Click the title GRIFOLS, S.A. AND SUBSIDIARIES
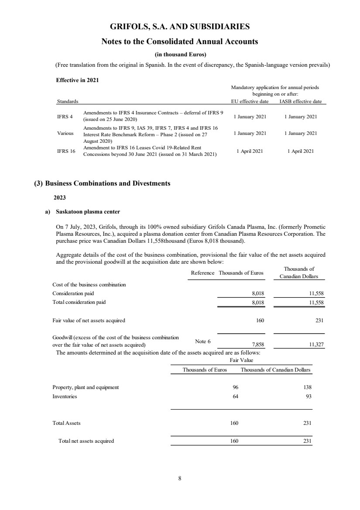[x=180, y=27]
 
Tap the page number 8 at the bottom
[x=180, y=478]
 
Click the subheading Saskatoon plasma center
[x=88, y=212]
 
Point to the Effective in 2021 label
[x=74, y=80]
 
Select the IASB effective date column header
[x=300, y=101]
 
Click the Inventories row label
[x=65, y=396]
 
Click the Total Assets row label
[x=66, y=423]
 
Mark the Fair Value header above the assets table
[x=241, y=360]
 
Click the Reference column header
[x=202, y=273]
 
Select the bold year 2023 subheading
[x=60, y=198]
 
